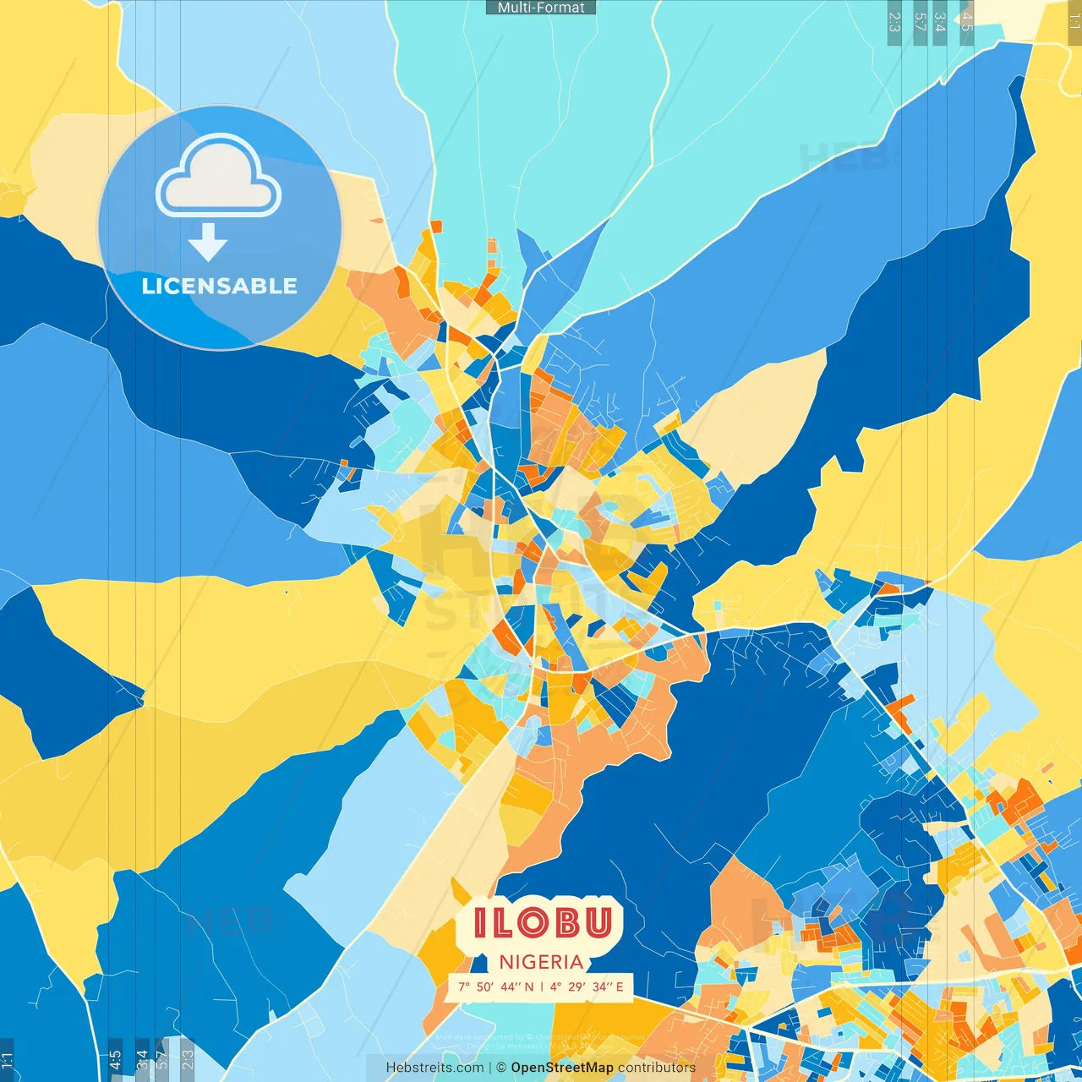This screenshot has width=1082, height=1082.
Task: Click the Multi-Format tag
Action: [541, 8]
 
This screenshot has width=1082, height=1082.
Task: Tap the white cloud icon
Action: [219, 178]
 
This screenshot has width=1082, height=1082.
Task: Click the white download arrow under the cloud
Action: [208, 243]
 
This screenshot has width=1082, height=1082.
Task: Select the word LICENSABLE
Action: [220, 286]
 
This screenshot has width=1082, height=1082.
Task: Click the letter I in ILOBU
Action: [480, 922]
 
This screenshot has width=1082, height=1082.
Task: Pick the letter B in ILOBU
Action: [566, 922]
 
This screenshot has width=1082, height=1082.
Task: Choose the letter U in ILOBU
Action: [598, 922]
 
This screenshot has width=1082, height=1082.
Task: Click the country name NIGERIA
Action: [541, 962]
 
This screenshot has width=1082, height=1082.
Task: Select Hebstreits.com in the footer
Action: [434, 1068]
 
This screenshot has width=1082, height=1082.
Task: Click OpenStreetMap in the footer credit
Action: [562, 1068]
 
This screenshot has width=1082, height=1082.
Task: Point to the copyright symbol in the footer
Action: [501, 1068]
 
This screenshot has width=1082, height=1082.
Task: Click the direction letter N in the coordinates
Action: [529, 986]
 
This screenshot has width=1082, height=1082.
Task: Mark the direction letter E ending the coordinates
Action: [620, 986]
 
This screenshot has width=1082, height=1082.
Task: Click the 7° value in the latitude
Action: [464, 986]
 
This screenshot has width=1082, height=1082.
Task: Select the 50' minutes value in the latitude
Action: [485, 986]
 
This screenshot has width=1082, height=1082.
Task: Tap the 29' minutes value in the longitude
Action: [577, 986]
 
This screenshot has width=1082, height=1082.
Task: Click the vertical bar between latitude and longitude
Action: [541, 986]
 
